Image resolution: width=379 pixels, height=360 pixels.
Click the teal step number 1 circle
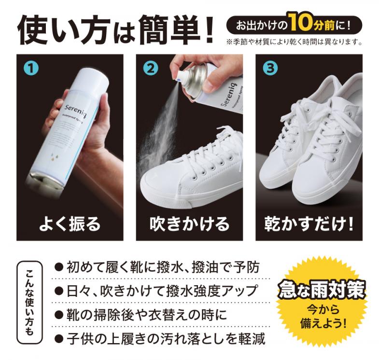tap(31, 69)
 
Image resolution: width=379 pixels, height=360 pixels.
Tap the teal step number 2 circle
tap(151, 69)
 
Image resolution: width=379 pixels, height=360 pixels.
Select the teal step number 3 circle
tap(270, 69)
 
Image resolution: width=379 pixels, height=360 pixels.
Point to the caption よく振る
tap(70, 224)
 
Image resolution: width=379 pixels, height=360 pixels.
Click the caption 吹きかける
tap(189, 224)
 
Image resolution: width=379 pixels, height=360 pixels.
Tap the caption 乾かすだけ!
tap(309, 224)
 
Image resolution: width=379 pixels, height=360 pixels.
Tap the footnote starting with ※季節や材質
tap(294, 42)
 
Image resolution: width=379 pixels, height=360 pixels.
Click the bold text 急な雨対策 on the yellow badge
tap(322, 289)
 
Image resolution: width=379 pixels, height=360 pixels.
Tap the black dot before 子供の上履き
tap(59, 339)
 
